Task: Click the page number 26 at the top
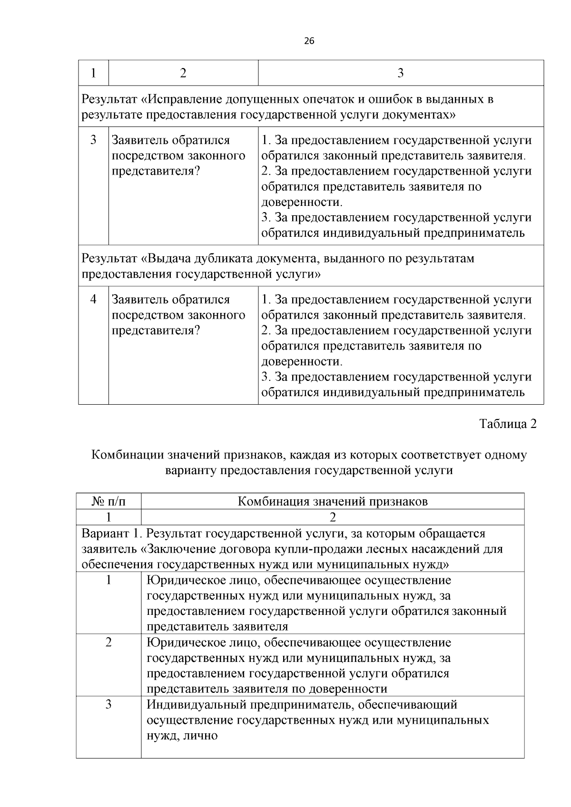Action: pyautogui.click(x=309, y=41)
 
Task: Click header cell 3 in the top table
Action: pyautogui.click(x=400, y=73)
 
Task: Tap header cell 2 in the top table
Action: pyautogui.click(x=183, y=73)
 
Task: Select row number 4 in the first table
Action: pyautogui.click(x=93, y=299)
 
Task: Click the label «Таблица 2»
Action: pyautogui.click(x=508, y=424)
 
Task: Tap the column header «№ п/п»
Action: pyautogui.click(x=108, y=501)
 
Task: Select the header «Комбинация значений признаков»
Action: pyautogui.click(x=332, y=501)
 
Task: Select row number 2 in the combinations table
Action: pyautogui.click(x=108, y=642)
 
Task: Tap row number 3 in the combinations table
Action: pyautogui.click(x=108, y=704)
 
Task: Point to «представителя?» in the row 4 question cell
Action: pyautogui.click(x=156, y=330)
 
